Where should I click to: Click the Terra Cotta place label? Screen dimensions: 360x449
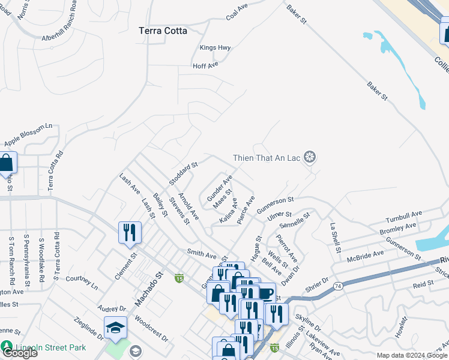tap(163, 31)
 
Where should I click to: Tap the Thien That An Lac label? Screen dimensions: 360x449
tap(267, 158)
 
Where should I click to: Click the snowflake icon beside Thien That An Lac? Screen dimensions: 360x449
tap(310, 158)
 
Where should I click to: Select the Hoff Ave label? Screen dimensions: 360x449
tap(205, 66)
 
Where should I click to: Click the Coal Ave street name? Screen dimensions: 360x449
tap(237, 13)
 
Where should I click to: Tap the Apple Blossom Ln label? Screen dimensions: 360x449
tap(28, 135)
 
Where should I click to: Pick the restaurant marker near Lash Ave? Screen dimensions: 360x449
tap(130, 232)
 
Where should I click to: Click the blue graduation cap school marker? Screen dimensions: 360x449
tap(115, 328)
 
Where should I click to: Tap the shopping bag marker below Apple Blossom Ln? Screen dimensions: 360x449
tap(7, 162)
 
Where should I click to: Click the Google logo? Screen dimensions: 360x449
tap(19, 353)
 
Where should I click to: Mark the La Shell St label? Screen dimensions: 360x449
tap(334, 238)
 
